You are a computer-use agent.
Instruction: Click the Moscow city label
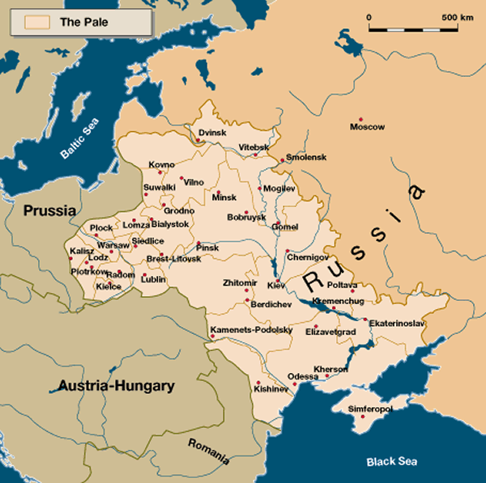[x=367, y=127]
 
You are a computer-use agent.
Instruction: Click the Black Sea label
[x=391, y=461]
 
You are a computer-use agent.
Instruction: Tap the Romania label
[x=209, y=450]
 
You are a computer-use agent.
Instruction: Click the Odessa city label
[x=303, y=376]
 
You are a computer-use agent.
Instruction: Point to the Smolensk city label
[x=305, y=155]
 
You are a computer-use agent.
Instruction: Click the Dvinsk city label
[x=213, y=132]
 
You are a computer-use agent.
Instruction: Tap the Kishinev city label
[x=271, y=389]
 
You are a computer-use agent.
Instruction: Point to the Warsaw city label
[x=113, y=244]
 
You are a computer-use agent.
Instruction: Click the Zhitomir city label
[x=240, y=282]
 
